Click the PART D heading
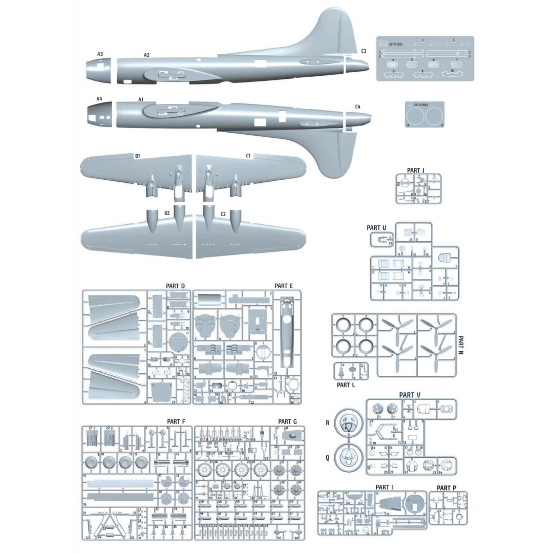(176, 285)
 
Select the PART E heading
(283, 285)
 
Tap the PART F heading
(176, 421)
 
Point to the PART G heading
(287, 421)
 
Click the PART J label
(416, 170)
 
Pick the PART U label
(376, 228)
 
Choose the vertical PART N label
(461, 347)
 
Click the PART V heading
(410, 395)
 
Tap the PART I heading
(384, 487)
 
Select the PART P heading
(446, 487)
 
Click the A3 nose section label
(100, 54)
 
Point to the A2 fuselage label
(146, 54)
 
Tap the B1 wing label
(137, 155)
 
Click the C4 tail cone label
(357, 107)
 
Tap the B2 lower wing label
(167, 213)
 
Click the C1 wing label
(248, 155)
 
